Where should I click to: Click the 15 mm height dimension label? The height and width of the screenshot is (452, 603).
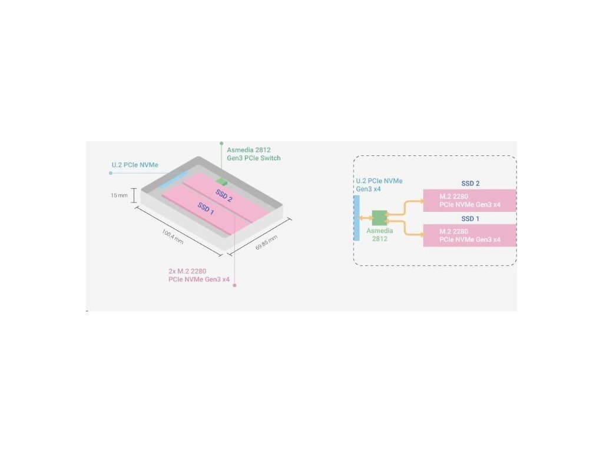point(119,195)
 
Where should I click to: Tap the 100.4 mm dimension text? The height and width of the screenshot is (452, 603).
point(173,236)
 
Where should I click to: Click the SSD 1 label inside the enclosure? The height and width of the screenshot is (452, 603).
point(206,208)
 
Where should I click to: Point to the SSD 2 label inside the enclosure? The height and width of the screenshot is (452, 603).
point(224,196)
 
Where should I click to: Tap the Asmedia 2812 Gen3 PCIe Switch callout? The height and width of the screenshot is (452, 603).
point(254,154)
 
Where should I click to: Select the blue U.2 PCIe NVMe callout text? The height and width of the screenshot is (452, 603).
point(135,165)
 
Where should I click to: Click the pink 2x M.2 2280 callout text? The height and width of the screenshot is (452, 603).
point(199,275)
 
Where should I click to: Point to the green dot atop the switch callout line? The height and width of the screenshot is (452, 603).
point(221,142)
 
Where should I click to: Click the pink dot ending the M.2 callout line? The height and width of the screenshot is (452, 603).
point(235,285)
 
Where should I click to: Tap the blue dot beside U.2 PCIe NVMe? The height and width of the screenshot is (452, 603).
point(111,173)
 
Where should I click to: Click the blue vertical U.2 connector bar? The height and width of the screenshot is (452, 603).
point(356,218)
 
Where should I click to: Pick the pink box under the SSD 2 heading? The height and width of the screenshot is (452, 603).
point(469,201)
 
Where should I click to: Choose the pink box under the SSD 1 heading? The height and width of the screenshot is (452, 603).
point(469,235)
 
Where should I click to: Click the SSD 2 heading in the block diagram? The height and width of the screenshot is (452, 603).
point(469,184)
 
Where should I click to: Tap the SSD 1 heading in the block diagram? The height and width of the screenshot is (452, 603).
point(469,219)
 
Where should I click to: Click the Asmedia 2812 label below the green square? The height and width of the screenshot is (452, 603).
point(380,235)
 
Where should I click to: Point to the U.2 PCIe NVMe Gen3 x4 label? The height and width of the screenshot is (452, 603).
point(379,185)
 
